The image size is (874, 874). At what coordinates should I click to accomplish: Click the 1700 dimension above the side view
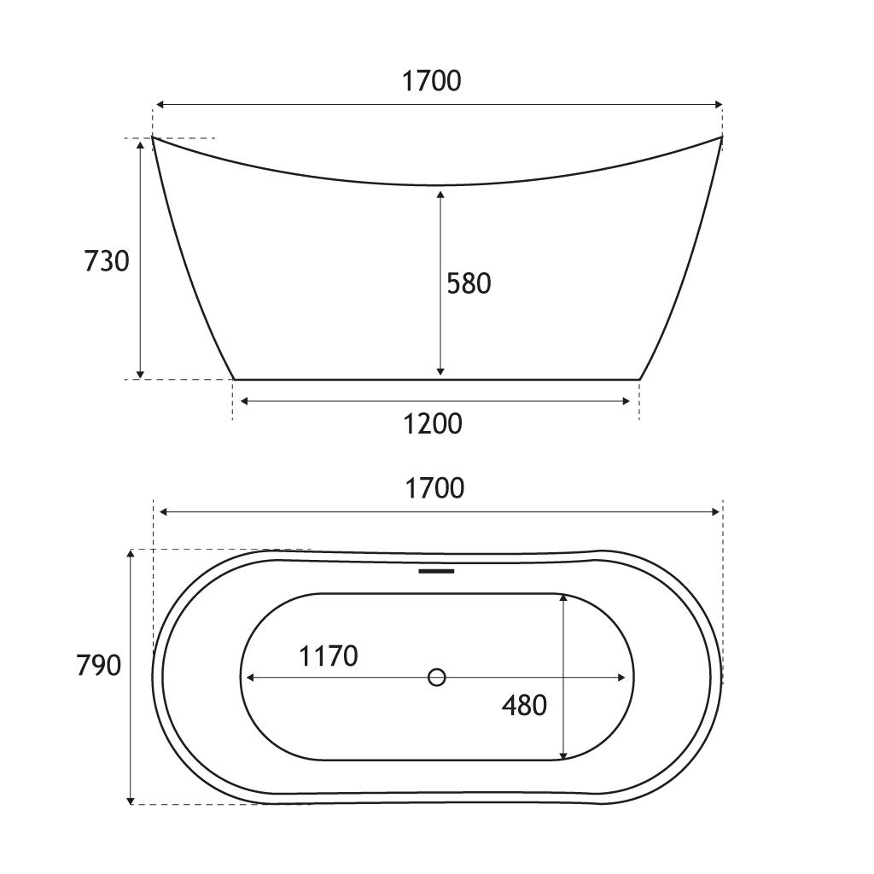tap(431, 81)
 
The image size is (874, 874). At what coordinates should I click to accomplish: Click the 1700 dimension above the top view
tap(434, 488)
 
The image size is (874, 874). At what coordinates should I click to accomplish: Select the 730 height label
tap(107, 261)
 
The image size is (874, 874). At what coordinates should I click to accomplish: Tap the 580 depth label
tap(469, 283)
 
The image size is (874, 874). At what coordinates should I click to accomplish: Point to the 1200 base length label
tap(433, 424)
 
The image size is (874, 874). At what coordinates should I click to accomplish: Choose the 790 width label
tap(99, 665)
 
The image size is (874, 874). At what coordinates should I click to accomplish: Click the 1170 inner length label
tap(329, 656)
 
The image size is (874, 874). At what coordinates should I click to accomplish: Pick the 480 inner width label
tap(524, 706)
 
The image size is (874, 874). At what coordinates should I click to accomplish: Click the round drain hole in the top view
tap(436, 677)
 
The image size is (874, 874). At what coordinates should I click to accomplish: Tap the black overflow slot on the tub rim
tap(436, 571)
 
